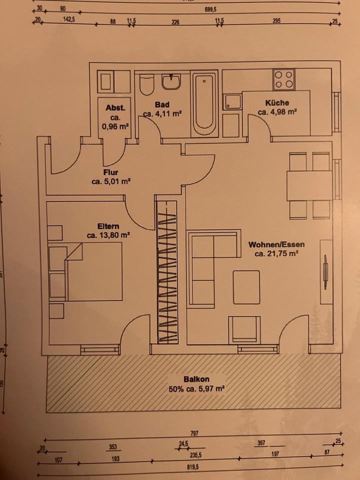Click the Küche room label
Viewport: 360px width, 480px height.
277,103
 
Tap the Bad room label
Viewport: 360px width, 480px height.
162,105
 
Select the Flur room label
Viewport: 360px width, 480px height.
110,173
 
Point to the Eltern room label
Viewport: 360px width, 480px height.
108,225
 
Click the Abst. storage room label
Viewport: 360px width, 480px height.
115,108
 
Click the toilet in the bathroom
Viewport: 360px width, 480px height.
146,85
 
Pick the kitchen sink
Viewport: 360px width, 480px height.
232,102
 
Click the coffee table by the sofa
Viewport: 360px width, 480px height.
246,286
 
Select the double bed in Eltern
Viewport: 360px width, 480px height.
92,272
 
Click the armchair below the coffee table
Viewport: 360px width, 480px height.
244,330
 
